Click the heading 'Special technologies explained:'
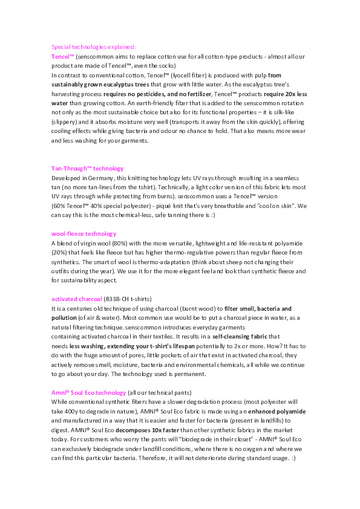pyautogui.click(x=93, y=47)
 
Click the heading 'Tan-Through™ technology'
pyautogui.click(x=88, y=169)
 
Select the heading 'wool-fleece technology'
pyautogui.click(x=83, y=233)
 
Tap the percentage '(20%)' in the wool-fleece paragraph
pyautogui.click(x=61, y=252)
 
